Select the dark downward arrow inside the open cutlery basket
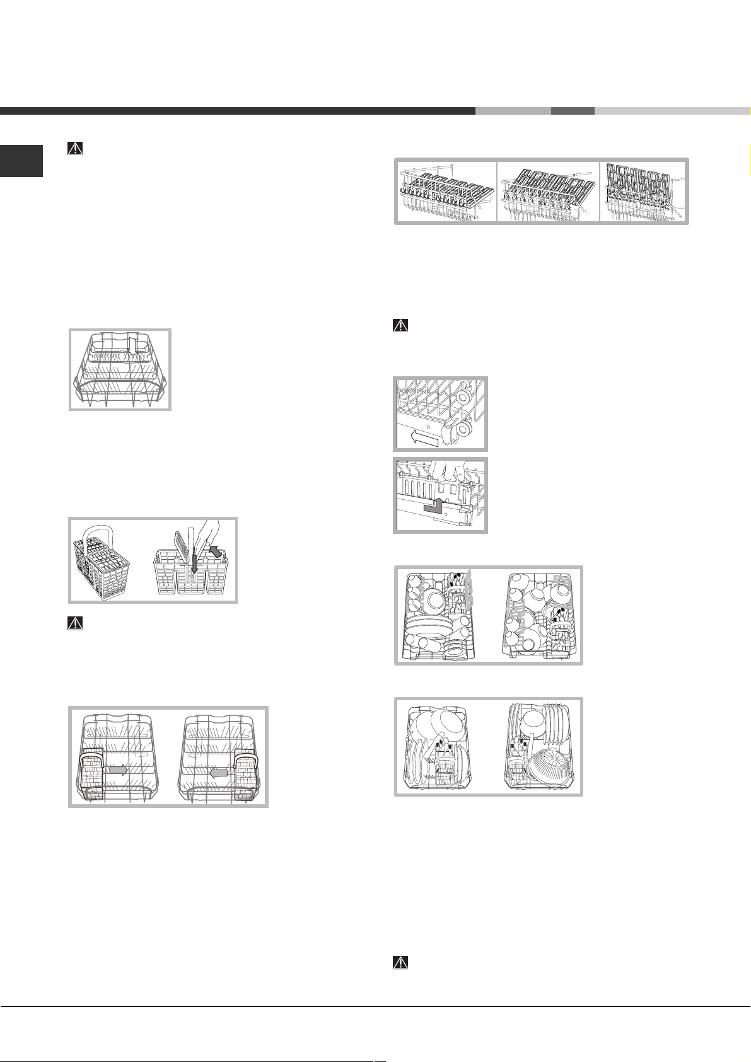click(195, 565)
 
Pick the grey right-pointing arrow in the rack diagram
click(118, 770)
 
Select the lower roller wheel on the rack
click(463, 430)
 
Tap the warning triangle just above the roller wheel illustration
click(400, 326)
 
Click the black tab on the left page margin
click(21, 161)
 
